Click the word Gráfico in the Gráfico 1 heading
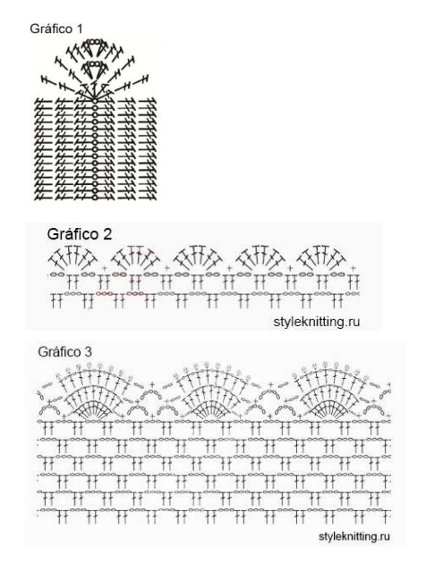click(x=53, y=29)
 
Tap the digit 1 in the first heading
click(x=80, y=29)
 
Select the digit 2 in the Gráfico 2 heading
click(x=106, y=234)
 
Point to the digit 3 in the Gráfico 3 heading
click(x=88, y=351)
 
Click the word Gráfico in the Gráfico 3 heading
click(x=59, y=351)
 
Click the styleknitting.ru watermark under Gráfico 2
click(x=316, y=322)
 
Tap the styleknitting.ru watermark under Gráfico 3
click(x=354, y=536)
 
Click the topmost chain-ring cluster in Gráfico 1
click(x=94, y=42)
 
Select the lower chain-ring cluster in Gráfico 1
click(x=94, y=64)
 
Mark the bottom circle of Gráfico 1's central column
click(x=95, y=197)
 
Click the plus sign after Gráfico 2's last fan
click(x=353, y=268)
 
